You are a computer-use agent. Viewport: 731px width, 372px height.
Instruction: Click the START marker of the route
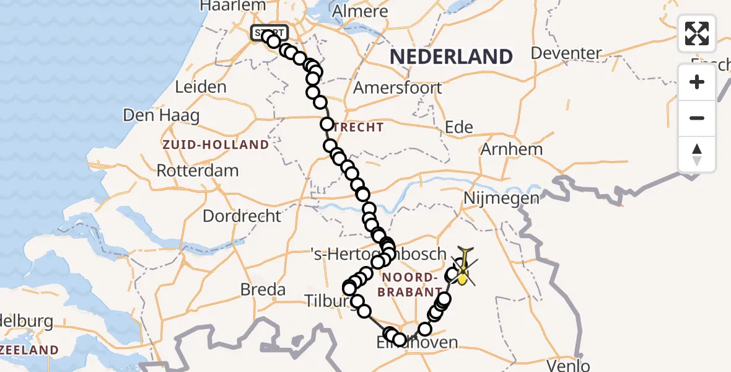(x=269, y=33)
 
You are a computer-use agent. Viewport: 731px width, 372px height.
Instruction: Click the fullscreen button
(x=697, y=33)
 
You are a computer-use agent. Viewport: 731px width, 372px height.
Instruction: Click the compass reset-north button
(x=697, y=154)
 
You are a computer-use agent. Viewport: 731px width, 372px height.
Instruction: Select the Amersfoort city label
(x=398, y=88)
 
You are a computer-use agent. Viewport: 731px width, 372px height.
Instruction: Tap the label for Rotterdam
(x=198, y=170)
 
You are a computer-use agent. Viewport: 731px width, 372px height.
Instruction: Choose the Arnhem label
(x=512, y=149)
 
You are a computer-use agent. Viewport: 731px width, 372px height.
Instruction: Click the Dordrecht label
(x=242, y=216)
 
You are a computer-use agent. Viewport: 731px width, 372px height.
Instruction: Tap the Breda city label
(x=263, y=290)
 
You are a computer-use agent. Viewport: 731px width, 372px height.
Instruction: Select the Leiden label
(x=201, y=87)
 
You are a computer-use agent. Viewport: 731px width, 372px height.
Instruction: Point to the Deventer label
(x=566, y=53)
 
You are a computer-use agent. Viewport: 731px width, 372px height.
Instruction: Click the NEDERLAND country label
(x=451, y=57)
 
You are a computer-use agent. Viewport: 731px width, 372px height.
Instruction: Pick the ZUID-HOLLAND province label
(x=216, y=145)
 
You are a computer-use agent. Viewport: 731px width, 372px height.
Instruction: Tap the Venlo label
(x=568, y=366)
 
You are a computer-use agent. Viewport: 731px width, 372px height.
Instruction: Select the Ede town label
(x=459, y=128)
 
